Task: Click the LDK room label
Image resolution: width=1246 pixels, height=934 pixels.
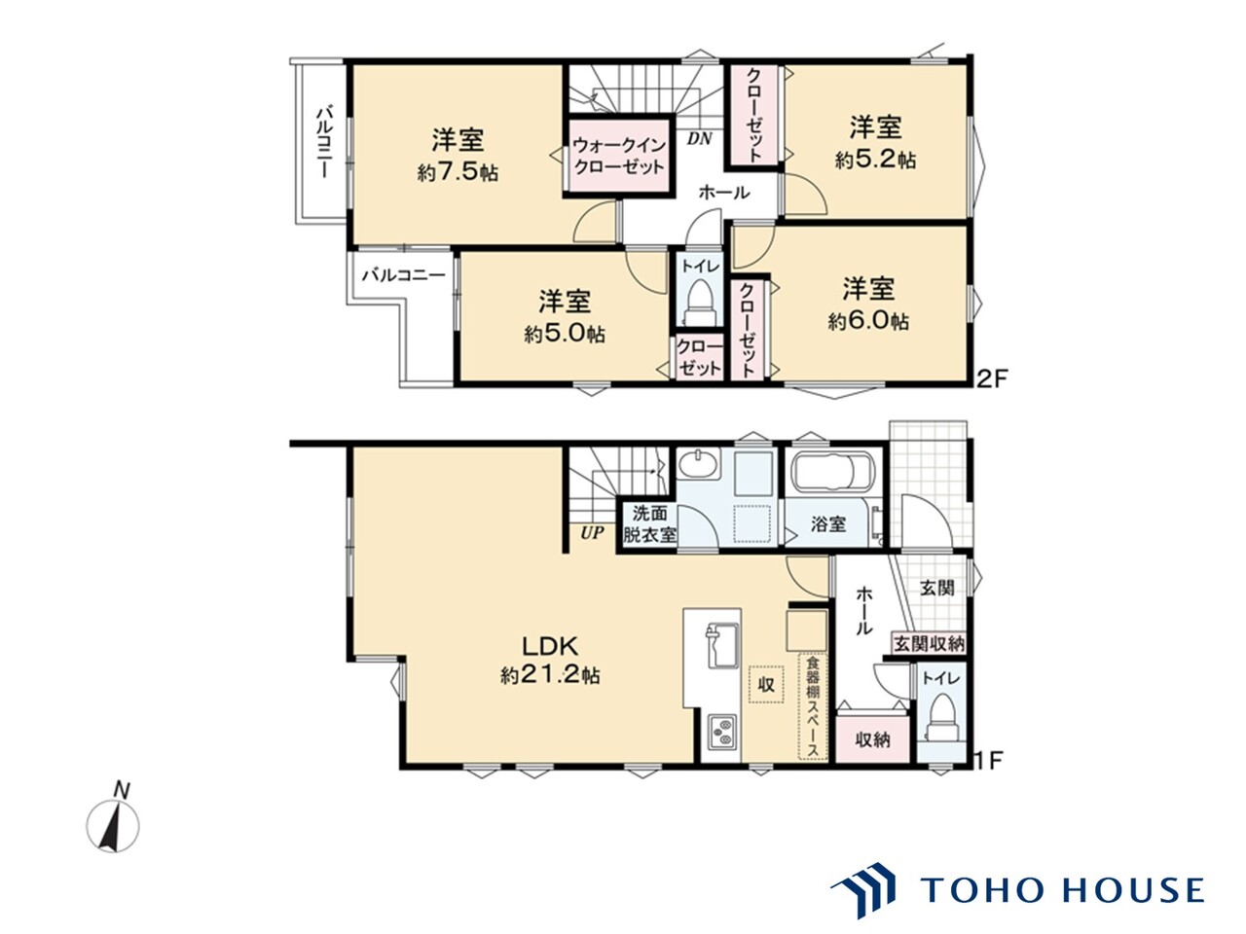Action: pyautogui.click(x=549, y=645)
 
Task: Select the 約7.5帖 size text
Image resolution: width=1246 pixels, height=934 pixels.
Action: pyautogui.click(x=458, y=172)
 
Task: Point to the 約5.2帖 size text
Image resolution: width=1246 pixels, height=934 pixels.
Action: pyautogui.click(x=875, y=160)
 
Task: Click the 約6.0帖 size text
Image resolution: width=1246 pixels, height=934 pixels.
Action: pyautogui.click(x=868, y=321)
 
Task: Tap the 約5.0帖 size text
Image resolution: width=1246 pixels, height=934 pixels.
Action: pyautogui.click(x=565, y=334)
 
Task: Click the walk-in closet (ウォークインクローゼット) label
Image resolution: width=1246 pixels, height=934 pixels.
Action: pyautogui.click(x=619, y=156)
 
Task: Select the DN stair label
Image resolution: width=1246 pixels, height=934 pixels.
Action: pyautogui.click(x=699, y=138)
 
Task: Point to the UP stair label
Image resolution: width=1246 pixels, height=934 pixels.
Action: pyautogui.click(x=592, y=532)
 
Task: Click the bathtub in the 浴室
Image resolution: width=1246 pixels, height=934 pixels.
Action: pyautogui.click(x=832, y=472)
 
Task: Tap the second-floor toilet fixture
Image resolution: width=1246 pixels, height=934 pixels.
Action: pyautogui.click(x=699, y=303)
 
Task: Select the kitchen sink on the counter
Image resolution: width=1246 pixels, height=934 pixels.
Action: pyautogui.click(x=720, y=646)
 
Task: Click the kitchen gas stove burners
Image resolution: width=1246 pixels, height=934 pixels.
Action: pyautogui.click(x=722, y=732)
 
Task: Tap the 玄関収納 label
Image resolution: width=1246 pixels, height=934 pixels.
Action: pyautogui.click(x=929, y=644)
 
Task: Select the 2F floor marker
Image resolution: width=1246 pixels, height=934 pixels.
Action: pyautogui.click(x=991, y=379)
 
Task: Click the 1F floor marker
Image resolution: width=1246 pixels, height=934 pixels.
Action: pyautogui.click(x=991, y=761)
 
